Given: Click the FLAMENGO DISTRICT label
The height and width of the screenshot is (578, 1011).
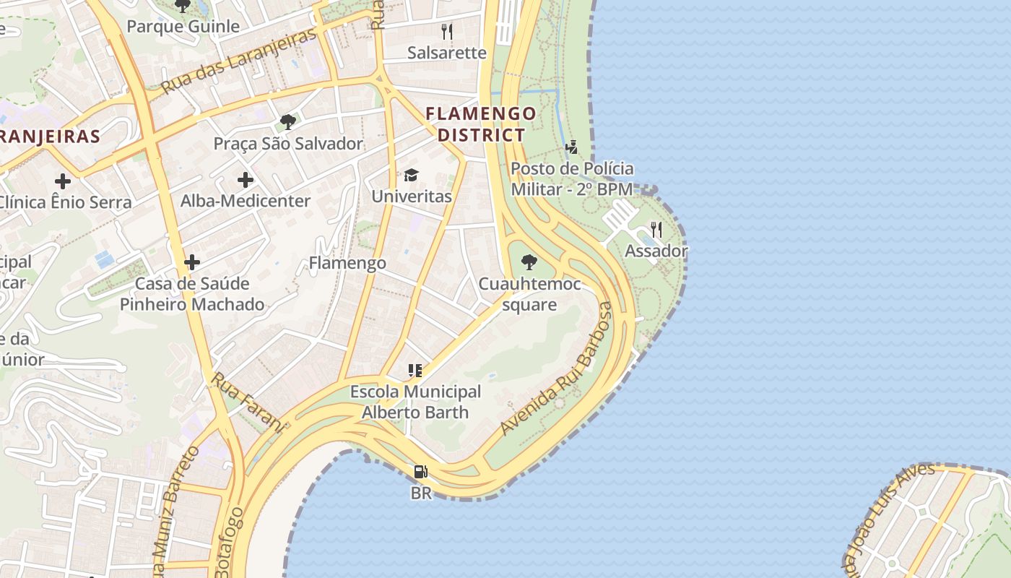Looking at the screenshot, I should click(481, 124).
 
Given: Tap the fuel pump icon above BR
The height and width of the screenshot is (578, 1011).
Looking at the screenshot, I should click(420, 472).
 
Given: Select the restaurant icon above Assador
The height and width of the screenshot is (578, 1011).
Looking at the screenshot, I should click(656, 230).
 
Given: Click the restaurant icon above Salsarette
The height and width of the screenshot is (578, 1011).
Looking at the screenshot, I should click(447, 31).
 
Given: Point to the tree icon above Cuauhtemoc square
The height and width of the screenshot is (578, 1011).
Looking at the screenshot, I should click(529, 262).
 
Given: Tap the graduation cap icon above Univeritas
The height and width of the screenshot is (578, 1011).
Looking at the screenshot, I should click(412, 175).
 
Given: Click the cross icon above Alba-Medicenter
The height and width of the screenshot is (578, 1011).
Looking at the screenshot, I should click(246, 179).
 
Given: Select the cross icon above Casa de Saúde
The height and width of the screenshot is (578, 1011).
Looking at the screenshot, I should click(192, 262).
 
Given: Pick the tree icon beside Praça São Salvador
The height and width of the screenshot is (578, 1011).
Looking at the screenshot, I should click(288, 121).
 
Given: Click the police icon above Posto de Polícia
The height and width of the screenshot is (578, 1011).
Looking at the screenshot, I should click(572, 147).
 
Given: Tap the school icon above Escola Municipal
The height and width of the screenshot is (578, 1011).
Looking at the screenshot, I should click(415, 371).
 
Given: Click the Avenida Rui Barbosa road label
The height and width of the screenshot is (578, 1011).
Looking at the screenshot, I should click(556, 368).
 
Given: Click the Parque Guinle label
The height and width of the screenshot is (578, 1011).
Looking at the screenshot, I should click(183, 27).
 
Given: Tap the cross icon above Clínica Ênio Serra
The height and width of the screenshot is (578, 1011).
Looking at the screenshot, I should click(63, 181).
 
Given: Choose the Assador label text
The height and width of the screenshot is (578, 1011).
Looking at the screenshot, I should click(656, 251).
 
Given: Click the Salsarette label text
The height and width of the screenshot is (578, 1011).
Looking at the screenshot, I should click(447, 53).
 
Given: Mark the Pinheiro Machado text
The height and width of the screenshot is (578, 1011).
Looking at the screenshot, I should click(192, 304).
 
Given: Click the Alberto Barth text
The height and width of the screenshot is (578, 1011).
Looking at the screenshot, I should click(415, 413).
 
